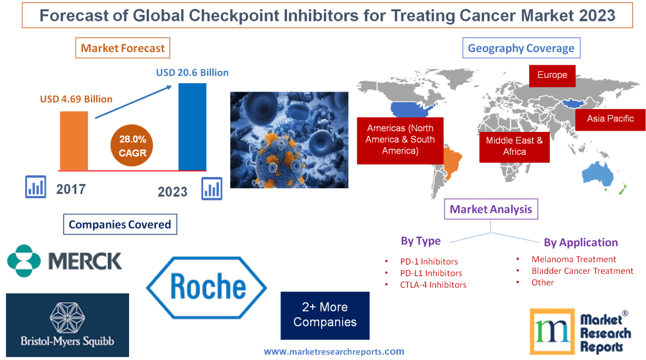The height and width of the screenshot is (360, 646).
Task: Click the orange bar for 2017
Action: tap(74, 140)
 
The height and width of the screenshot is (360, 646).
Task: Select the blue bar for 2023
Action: tap(192, 126)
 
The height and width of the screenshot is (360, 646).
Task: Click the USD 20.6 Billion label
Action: tap(192, 73)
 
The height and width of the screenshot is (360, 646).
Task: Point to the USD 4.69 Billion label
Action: tap(76, 99)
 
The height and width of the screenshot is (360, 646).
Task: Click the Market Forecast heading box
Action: tap(123, 48)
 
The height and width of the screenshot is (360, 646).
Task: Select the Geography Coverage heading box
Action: tap(521, 48)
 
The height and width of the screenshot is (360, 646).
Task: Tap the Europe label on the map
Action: tap(552, 75)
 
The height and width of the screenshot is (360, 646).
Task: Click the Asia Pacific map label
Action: tap(610, 118)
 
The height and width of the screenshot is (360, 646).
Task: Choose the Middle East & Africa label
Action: tap(515, 146)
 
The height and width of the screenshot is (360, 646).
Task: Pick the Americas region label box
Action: tap(400, 140)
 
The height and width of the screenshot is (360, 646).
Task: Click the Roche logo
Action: tap(207, 288)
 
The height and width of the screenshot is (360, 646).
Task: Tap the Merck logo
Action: tap(65, 260)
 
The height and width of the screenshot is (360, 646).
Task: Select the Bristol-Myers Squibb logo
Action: tap(67, 325)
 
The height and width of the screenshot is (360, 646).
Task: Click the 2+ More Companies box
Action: tap(325, 315)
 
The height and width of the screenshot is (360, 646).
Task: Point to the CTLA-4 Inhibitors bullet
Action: tap(433, 285)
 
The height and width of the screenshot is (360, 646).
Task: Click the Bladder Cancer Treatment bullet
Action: tap(582, 271)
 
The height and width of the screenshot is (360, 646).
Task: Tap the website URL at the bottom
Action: tap(333, 352)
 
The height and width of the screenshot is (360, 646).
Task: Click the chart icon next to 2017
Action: tap(36, 186)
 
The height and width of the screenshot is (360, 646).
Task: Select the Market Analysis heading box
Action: tap(491, 209)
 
